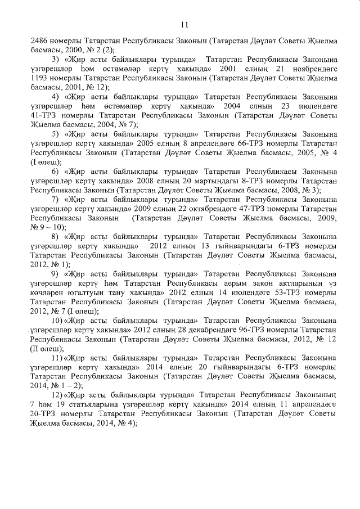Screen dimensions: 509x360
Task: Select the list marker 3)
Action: pos(55,60)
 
